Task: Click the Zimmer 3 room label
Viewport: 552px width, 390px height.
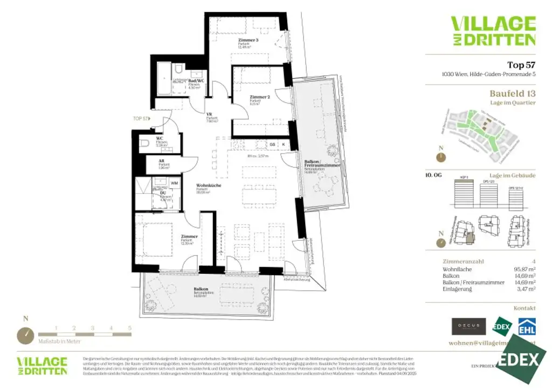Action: coord(249,40)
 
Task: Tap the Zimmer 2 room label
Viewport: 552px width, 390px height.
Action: coord(259,97)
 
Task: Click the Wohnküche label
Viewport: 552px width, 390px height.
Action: coord(209,185)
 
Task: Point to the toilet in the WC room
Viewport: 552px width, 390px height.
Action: coord(143,143)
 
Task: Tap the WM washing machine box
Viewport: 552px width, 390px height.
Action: coord(174,183)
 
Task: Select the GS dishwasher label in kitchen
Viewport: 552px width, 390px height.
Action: coord(272,144)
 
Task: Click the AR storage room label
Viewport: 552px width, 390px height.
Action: coord(161,161)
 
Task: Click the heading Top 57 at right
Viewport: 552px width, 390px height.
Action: coord(521,65)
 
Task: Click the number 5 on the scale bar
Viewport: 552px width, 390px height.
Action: coord(129,328)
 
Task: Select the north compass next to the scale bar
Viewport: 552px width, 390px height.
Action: coord(25,335)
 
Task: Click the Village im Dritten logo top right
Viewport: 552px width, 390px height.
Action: coord(493,31)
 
